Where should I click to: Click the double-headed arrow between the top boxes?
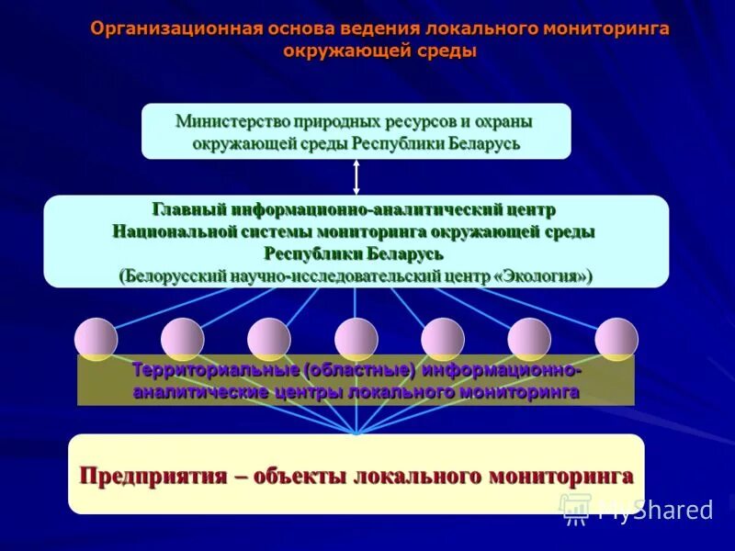[x=356, y=176]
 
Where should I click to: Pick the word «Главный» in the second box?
[x=188, y=210]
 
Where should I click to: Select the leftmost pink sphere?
[x=96, y=339]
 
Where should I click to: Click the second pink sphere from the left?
[x=182, y=339]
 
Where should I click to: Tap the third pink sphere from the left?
[x=268, y=339]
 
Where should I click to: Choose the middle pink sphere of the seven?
[x=356, y=339]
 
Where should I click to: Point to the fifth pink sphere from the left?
[x=442, y=339]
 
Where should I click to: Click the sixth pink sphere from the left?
[x=528, y=339]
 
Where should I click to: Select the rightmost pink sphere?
[x=616, y=339]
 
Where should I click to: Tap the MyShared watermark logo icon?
[x=575, y=508]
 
